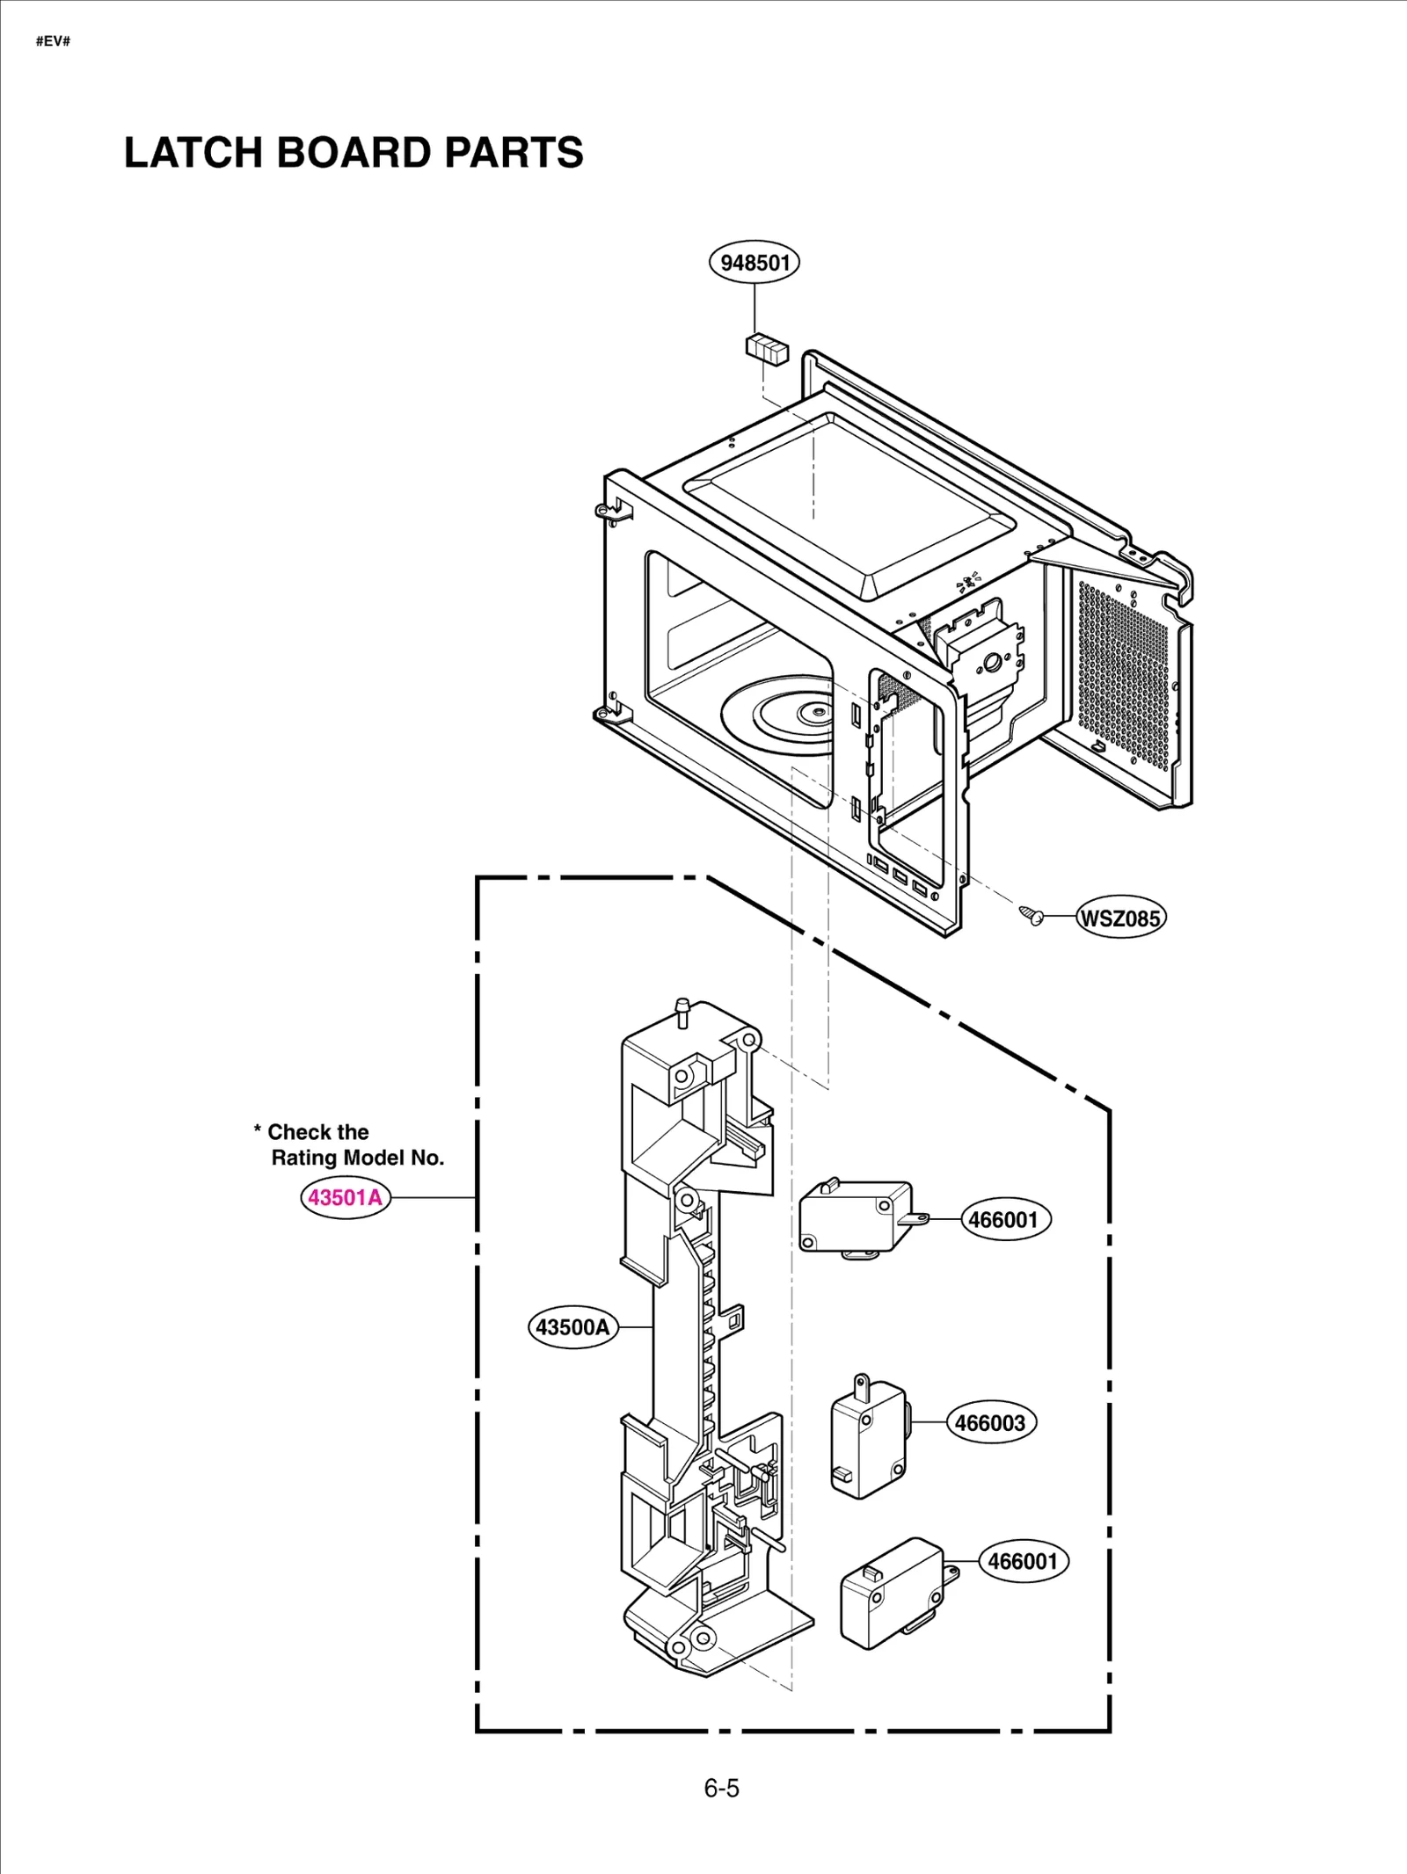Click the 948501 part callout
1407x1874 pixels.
coord(755,263)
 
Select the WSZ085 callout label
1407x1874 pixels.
coord(1120,919)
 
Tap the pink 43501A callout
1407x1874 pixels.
coord(346,1197)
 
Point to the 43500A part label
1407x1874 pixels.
coord(572,1327)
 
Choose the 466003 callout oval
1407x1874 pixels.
coord(990,1423)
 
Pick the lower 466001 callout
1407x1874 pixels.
coord(1023,1561)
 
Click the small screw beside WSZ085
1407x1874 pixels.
coord(1032,915)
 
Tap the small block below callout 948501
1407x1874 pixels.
coord(767,348)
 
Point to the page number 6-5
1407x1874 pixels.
coord(721,1789)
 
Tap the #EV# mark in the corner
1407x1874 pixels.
coord(53,41)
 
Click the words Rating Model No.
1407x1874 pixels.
coord(357,1158)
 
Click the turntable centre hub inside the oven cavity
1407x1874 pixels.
coord(817,710)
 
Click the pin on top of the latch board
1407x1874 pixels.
coord(681,1013)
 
